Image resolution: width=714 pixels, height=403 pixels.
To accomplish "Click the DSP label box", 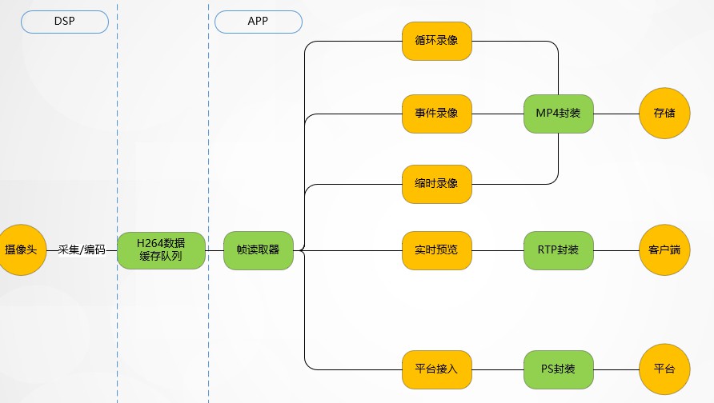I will [64, 21].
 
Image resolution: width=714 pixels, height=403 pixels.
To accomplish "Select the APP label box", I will [258, 21].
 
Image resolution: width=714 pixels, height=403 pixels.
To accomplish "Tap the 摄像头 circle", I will [21, 250].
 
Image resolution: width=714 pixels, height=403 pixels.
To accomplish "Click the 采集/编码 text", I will [82, 250].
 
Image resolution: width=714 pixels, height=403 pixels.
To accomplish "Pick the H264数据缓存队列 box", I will [161, 250].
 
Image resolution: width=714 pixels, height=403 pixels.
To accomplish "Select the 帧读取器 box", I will [258, 250].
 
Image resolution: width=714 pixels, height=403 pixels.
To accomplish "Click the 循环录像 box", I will [436, 41].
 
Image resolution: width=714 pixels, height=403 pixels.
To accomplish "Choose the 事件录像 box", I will [436, 114].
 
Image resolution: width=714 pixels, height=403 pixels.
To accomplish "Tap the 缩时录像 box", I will [436, 184].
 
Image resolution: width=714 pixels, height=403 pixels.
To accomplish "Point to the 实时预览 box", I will [436, 250].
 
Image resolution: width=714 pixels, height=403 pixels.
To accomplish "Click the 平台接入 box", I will [436, 369].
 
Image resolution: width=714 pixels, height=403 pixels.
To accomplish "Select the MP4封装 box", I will [558, 114].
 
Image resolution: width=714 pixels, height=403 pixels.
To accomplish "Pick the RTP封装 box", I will [558, 250].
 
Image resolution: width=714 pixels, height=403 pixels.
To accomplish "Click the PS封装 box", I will [558, 369].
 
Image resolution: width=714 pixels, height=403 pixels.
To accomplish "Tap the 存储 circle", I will [664, 114].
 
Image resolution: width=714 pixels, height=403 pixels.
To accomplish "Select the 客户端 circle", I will [664, 250].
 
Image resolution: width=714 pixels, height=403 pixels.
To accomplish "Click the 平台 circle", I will [664, 369].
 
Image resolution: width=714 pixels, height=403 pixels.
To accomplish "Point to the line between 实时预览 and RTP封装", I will [498, 250].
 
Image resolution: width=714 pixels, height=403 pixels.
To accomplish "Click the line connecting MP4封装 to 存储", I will [616, 114].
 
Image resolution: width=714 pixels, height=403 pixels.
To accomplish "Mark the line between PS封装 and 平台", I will [616, 369].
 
